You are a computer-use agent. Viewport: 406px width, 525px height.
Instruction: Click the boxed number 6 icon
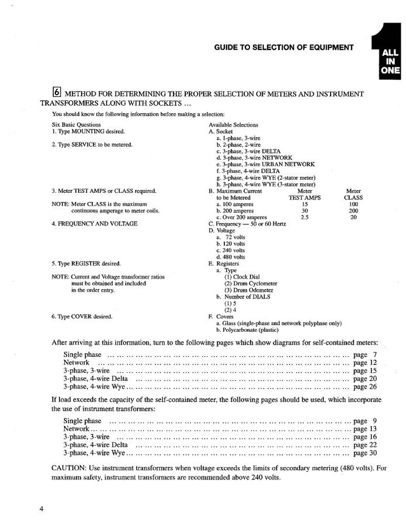coord(57,92)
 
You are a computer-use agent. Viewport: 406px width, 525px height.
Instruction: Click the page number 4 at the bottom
coord(41,508)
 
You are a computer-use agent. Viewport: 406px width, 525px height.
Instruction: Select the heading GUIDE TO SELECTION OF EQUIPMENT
coord(284,47)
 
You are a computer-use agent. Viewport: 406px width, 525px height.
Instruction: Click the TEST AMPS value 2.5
coord(304,217)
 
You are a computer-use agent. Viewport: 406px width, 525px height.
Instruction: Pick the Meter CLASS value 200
coord(353,210)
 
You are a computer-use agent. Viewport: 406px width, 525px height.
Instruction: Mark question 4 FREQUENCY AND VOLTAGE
coord(95,224)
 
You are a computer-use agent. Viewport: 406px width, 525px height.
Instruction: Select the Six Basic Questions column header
coord(77,124)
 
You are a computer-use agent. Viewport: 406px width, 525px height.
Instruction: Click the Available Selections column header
coord(233,124)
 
